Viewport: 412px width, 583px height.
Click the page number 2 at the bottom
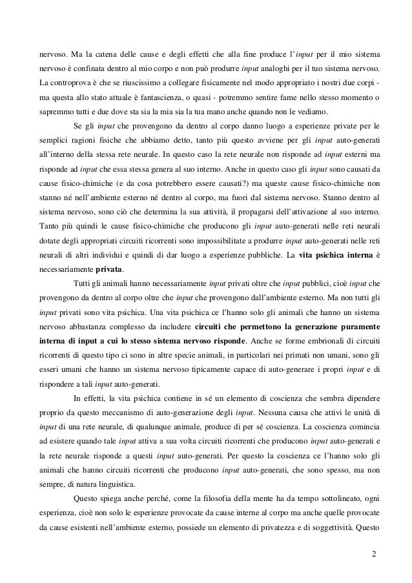tap(375, 554)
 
